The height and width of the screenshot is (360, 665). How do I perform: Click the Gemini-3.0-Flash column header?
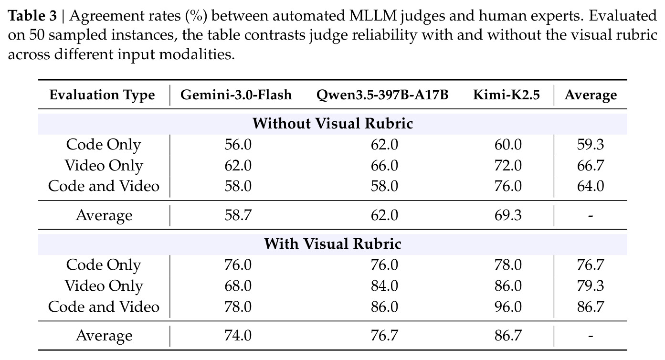pos(236,95)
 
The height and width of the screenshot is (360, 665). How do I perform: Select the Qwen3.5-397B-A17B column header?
pos(382,95)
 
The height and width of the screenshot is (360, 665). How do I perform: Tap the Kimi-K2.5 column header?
pos(506,95)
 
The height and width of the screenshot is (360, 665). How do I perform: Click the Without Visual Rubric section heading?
pos(332,124)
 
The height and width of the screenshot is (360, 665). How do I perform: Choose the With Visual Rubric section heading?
pos(332,244)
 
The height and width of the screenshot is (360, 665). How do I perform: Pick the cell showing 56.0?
pos(238,145)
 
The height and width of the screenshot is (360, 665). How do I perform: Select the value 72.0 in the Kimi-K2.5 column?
pos(508,166)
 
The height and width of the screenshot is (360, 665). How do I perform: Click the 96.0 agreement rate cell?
pos(508,307)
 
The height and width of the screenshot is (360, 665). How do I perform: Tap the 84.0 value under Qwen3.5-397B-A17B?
pos(384,286)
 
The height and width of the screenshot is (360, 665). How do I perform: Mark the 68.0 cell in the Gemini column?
pos(238,286)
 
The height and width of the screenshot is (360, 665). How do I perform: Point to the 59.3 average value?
pos(591,145)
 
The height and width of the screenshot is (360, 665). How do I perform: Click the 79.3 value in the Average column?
pos(591,286)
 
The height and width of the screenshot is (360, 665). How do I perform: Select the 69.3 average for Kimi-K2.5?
pos(508,215)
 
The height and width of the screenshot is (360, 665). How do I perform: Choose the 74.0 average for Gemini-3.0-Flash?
pos(238,336)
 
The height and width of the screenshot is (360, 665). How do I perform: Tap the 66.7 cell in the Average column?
pos(591,166)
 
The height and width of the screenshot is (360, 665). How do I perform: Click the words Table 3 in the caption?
pos(32,16)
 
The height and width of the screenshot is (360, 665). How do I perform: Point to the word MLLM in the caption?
pos(373,16)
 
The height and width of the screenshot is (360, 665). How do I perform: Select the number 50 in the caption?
pos(37,35)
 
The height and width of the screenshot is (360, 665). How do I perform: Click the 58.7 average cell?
pos(238,215)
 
